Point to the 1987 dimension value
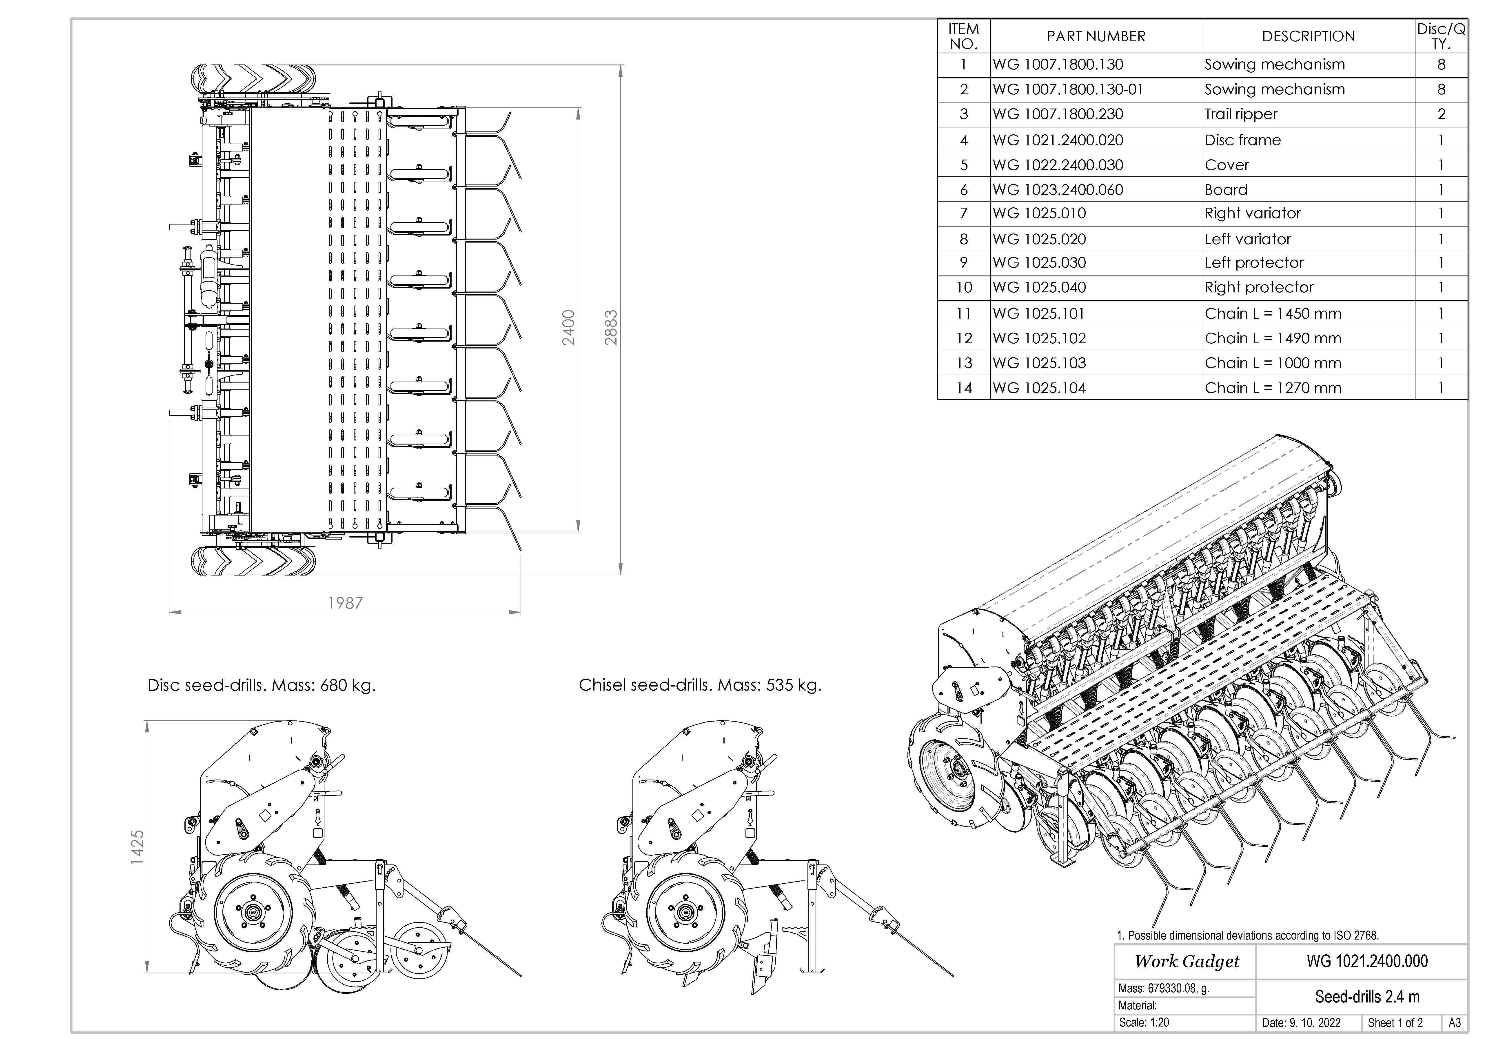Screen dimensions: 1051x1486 345,603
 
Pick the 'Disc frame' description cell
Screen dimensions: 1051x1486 1243,140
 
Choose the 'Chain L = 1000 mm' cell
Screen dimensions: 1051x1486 1273,363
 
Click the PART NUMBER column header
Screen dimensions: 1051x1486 1096,36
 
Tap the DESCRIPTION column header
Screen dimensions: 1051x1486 1308,36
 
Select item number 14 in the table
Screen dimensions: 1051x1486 964,388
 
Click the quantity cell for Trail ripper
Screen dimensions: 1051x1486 1441,115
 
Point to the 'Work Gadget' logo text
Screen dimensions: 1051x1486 1186,962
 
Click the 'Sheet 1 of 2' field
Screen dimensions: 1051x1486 1395,1023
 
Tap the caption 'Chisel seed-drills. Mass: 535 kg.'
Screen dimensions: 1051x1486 700,685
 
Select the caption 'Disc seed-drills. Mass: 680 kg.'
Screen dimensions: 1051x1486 262,685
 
